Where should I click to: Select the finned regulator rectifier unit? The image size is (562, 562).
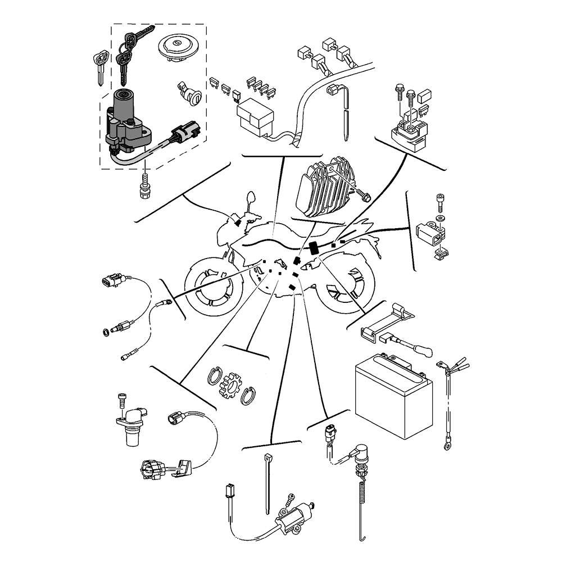click(x=320, y=188)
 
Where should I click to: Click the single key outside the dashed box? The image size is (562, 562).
click(x=101, y=65)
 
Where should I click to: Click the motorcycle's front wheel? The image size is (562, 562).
click(x=212, y=289)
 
